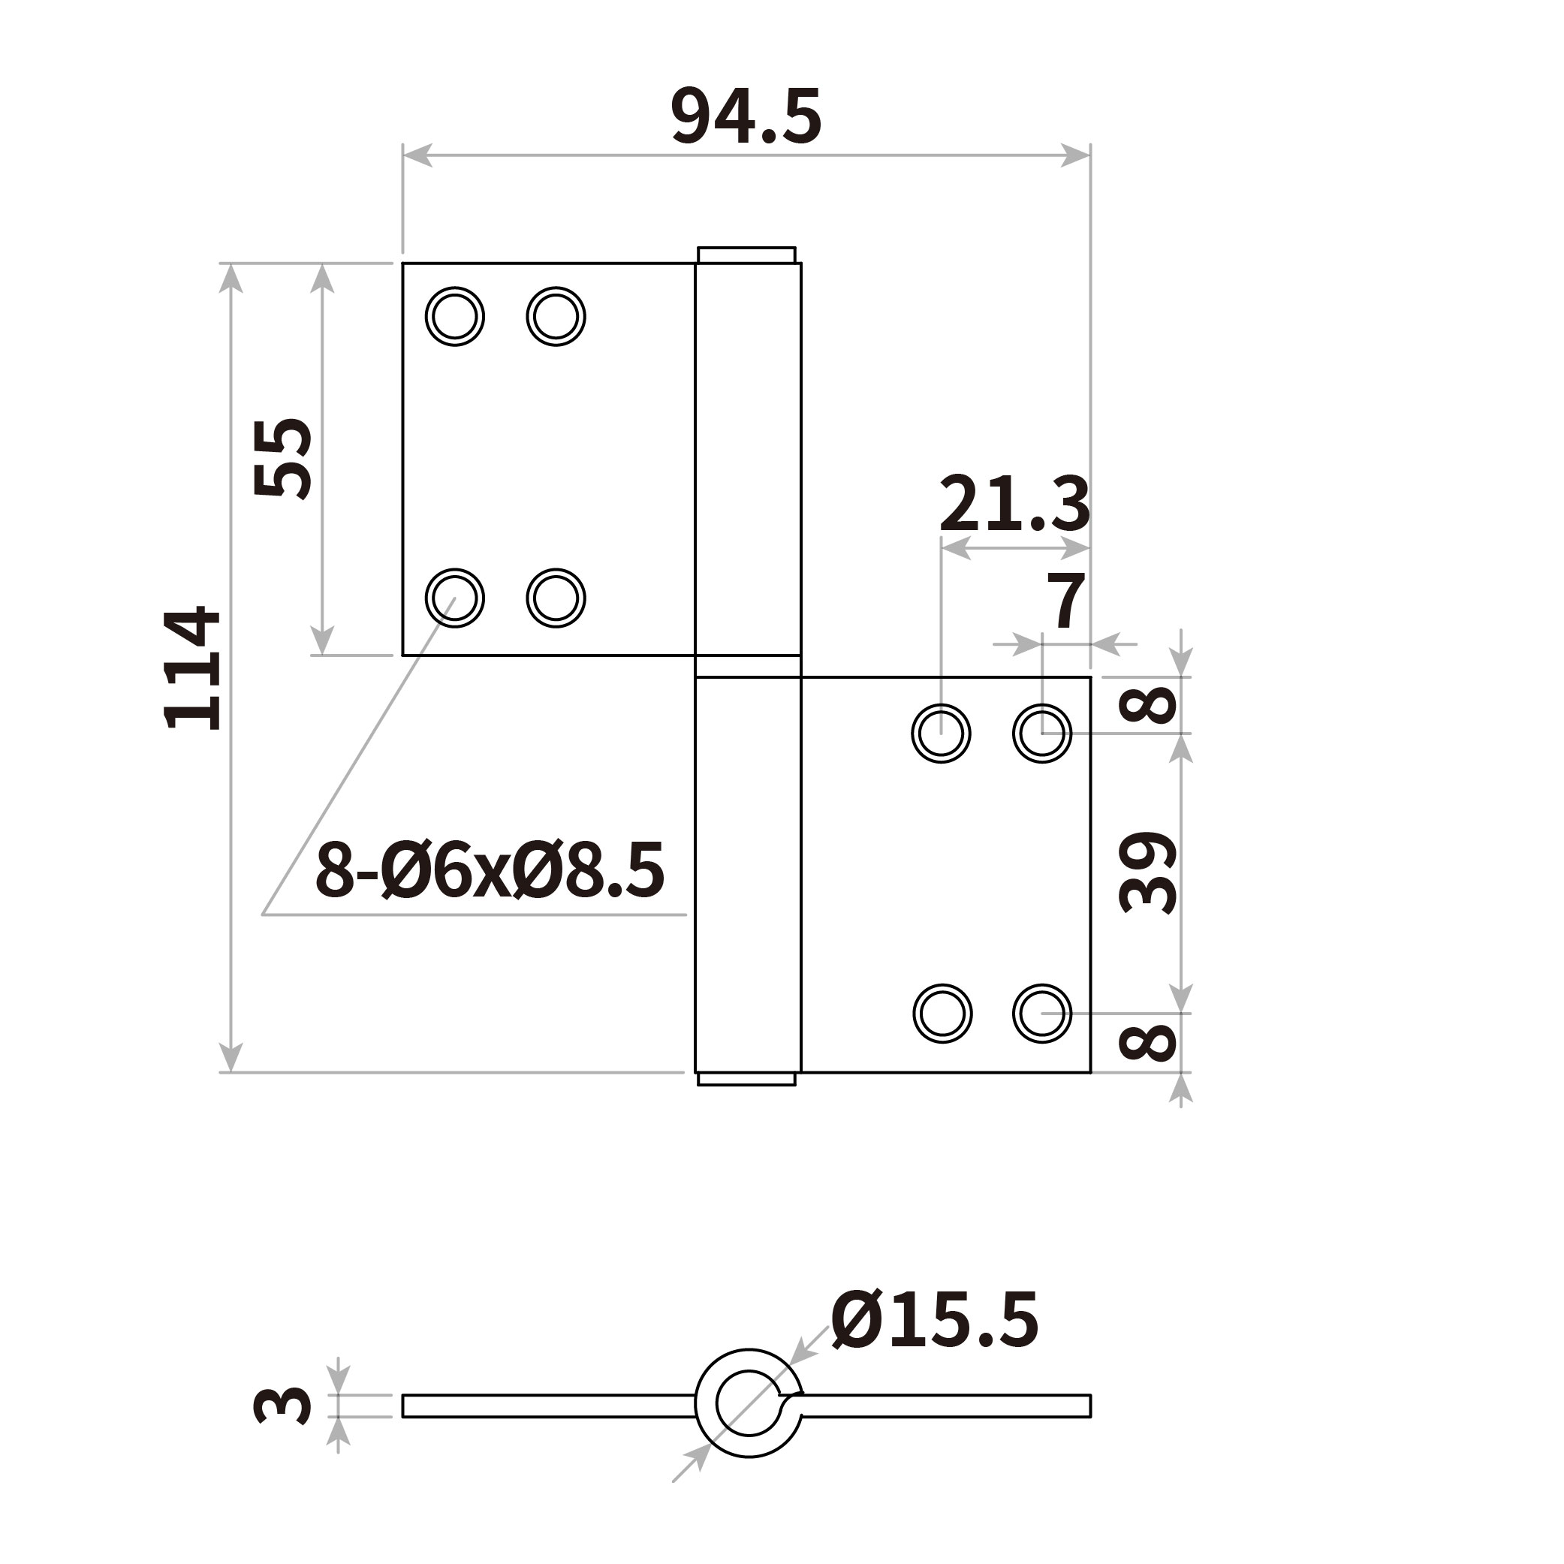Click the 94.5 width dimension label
[746, 117]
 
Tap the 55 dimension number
[282, 457]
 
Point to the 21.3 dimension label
[1014, 504]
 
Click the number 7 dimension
[1065, 600]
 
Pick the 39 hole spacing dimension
[1147, 872]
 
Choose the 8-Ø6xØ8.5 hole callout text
[490, 871]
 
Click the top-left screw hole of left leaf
[455, 317]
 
